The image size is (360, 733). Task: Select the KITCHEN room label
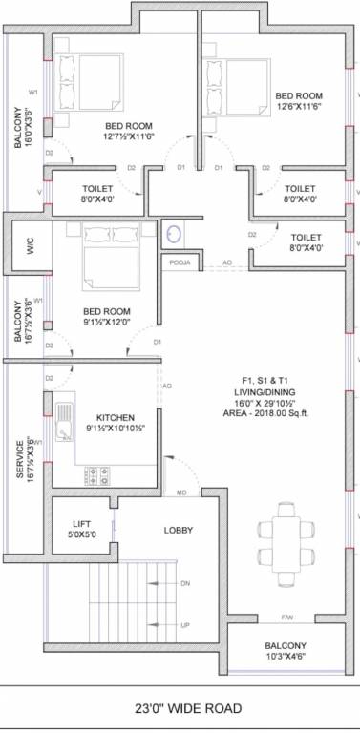click(x=114, y=417)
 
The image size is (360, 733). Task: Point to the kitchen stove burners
click(x=98, y=472)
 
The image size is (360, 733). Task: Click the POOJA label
click(x=179, y=262)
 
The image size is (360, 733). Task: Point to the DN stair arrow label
click(x=185, y=583)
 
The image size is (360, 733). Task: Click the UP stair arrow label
click(x=185, y=625)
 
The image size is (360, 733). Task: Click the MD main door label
click(x=180, y=492)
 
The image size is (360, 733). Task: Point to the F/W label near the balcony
click(x=286, y=616)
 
